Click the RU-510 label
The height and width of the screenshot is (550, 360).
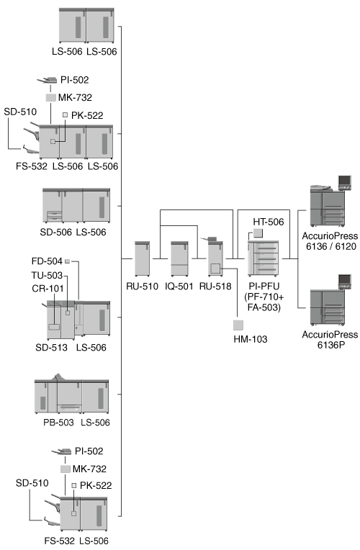pyautogui.click(x=142, y=287)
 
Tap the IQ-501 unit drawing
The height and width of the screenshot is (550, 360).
pyautogui.click(x=179, y=258)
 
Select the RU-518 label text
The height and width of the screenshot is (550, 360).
pyautogui.click(x=215, y=287)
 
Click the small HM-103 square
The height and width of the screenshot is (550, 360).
pyautogui.click(x=238, y=325)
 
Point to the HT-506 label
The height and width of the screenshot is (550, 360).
pyautogui.click(x=269, y=222)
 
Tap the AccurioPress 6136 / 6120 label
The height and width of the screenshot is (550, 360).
pyautogui.click(x=330, y=241)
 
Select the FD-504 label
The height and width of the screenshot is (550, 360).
pyautogui.click(x=47, y=261)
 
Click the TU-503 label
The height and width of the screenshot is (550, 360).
pyautogui.click(x=47, y=275)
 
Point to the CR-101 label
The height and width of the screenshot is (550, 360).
pyautogui.click(x=48, y=289)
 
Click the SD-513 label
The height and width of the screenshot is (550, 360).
pyautogui.click(x=51, y=348)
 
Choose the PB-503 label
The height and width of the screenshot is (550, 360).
pyautogui.click(x=58, y=423)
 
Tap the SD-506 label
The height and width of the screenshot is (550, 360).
pyautogui.click(x=55, y=233)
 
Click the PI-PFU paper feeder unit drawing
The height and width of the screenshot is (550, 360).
pyautogui.click(x=263, y=258)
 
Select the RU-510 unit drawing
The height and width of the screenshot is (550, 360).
pyautogui.click(x=143, y=258)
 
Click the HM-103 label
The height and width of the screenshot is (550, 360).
pyautogui.click(x=251, y=339)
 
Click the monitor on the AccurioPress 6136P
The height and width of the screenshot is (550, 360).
pyautogui.click(x=345, y=281)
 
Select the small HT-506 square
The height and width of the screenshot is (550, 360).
pyautogui.click(x=258, y=233)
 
